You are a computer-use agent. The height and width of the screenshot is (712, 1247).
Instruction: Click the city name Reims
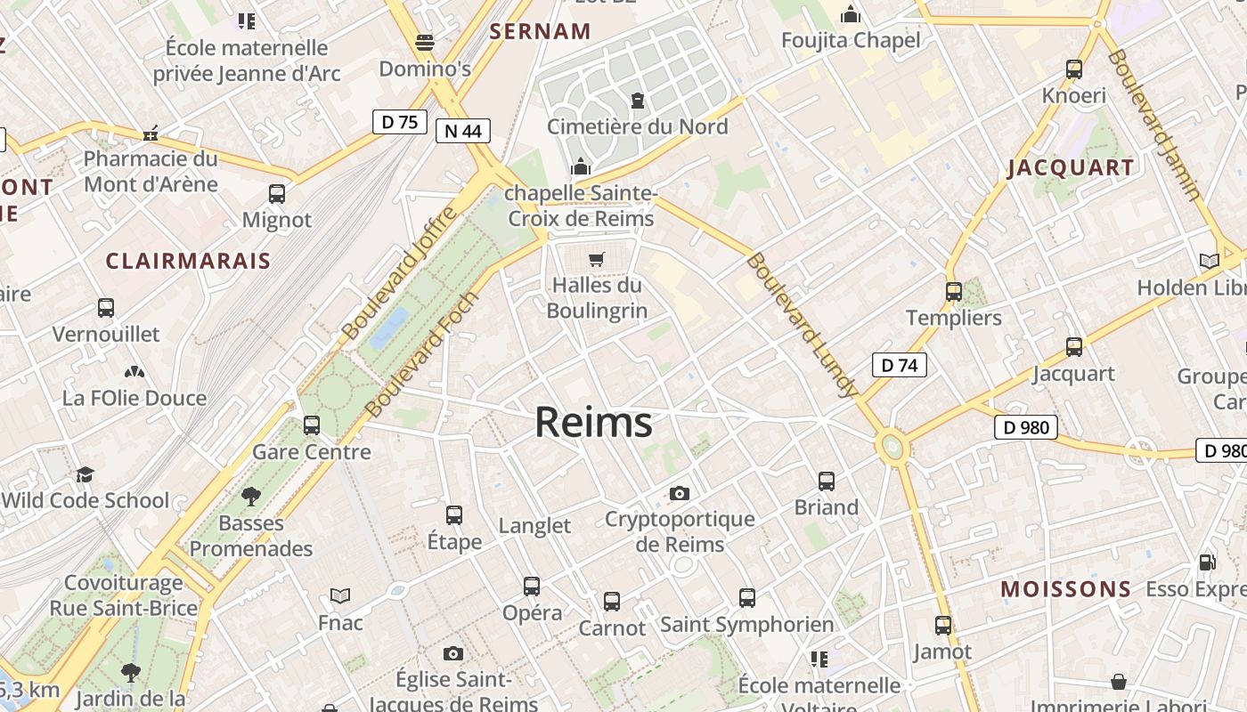click(593, 422)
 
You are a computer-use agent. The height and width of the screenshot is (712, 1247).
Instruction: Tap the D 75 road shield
click(400, 122)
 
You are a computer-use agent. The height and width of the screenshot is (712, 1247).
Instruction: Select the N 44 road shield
click(463, 132)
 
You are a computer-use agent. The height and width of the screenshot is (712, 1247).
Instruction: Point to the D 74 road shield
click(899, 365)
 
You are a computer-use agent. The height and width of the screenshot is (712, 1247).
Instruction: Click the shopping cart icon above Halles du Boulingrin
click(597, 260)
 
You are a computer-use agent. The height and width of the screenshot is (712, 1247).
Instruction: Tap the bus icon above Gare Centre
click(312, 425)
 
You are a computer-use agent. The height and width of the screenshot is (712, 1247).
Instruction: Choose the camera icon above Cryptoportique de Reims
click(680, 493)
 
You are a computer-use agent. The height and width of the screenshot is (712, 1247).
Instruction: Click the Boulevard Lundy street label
click(803, 325)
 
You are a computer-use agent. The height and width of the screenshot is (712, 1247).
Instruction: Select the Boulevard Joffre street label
click(400, 271)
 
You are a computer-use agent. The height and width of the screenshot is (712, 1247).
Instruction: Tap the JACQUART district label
click(1071, 168)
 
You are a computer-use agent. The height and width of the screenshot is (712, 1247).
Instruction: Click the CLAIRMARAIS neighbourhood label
click(188, 261)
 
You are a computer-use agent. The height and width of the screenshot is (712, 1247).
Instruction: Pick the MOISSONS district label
click(1065, 589)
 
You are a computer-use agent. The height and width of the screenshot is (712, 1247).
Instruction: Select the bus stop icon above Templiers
click(954, 291)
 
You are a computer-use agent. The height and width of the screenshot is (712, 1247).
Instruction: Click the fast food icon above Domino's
click(425, 42)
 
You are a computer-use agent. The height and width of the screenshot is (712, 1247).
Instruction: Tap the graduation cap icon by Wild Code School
click(85, 474)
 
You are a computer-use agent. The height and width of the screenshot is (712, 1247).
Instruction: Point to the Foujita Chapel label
click(851, 41)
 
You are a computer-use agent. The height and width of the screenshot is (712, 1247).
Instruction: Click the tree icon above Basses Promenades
click(251, 496)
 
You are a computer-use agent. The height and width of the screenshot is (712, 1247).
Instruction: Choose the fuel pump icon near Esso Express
click(1208, 562)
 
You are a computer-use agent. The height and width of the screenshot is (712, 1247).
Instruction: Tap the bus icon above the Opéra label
click(532, 586)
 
